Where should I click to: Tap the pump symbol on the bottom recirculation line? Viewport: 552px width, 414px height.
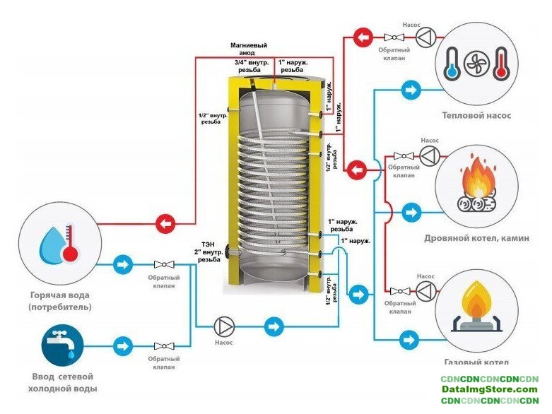coord(225,327)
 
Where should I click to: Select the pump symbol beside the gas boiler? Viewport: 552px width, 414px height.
coord(424,290)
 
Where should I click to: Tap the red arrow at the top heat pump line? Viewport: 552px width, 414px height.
coord(362,36)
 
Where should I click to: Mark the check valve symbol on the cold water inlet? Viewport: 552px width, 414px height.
coord(164,346)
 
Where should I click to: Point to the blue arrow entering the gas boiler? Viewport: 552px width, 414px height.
coord(407,340)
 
